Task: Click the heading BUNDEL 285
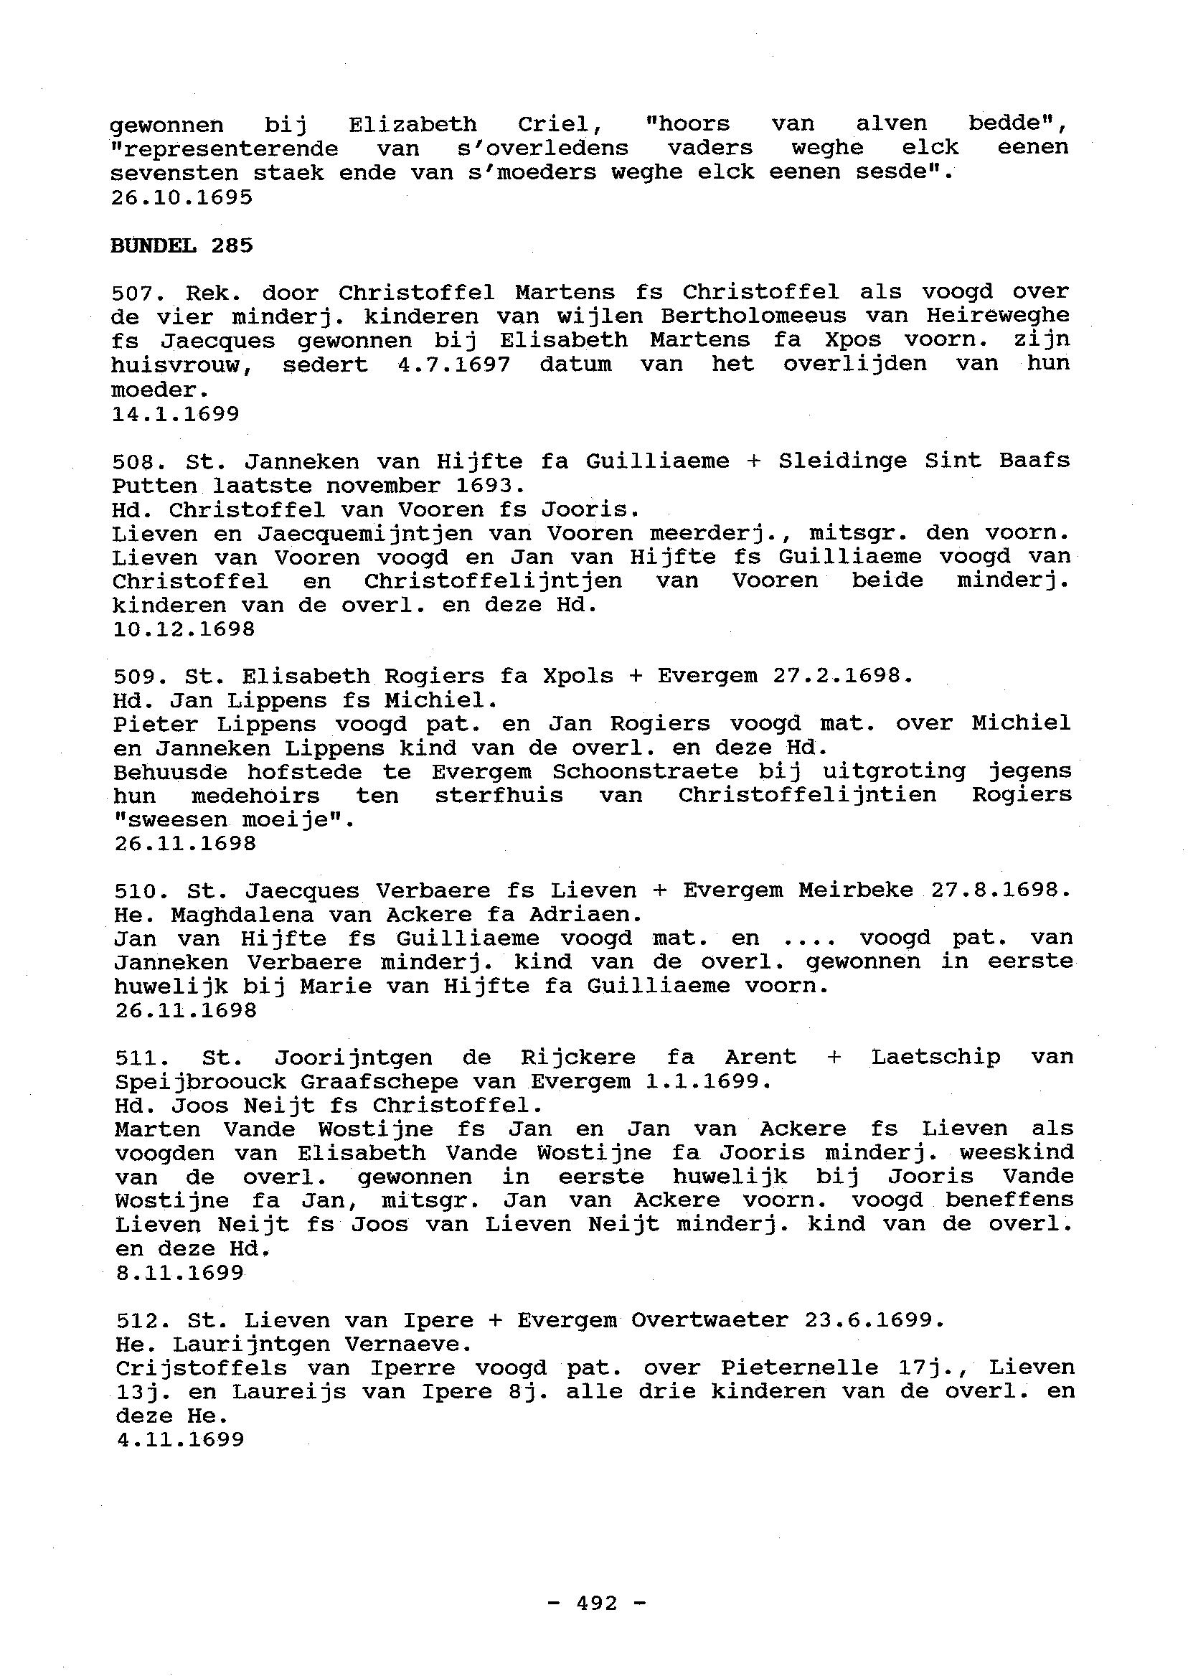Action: (181, 246)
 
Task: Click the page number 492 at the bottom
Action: (597, 1604)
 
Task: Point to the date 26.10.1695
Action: (181, 197)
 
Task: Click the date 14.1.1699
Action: (176, 414)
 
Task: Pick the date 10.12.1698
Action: (184, 629)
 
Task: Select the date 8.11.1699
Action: (179, 1274)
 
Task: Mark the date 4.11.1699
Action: (180, 1440)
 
